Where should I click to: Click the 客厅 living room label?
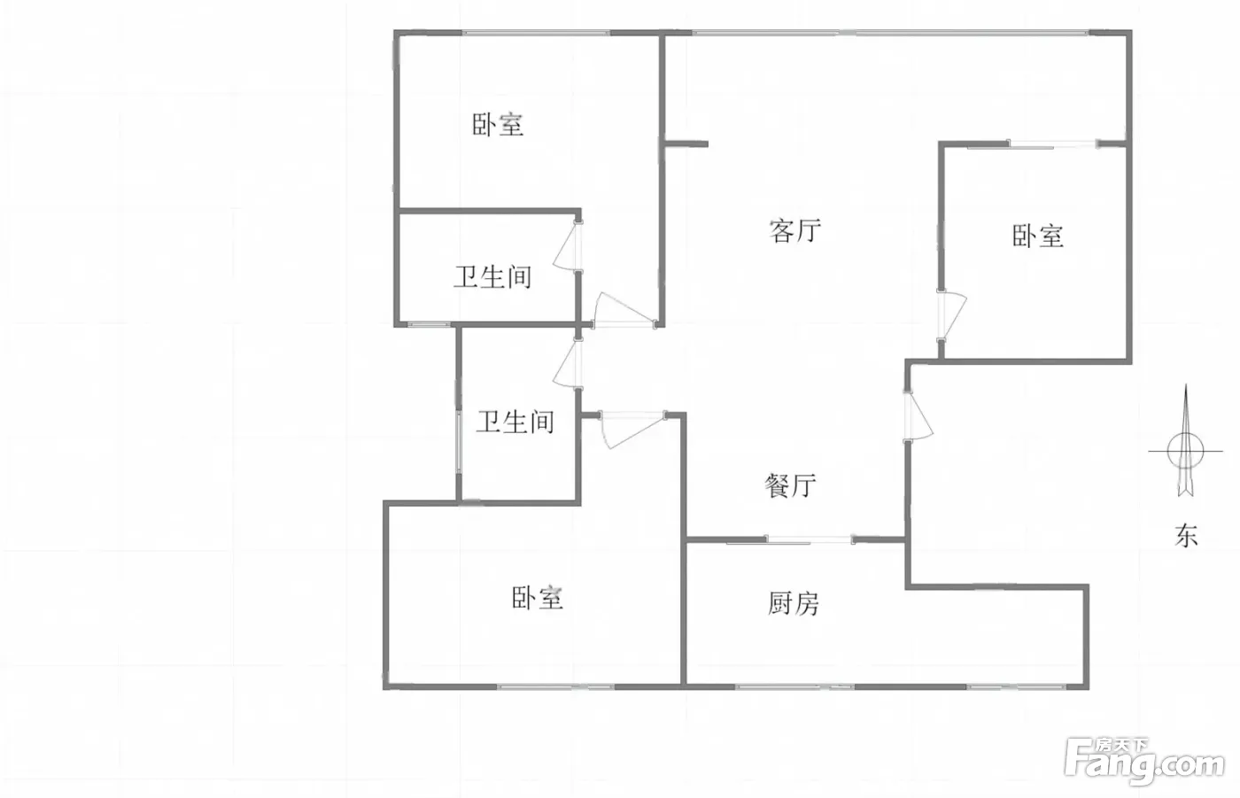[x=795, y=231]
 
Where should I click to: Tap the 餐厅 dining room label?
[x=790, y=486]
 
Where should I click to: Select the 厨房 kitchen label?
[x=793, y=603]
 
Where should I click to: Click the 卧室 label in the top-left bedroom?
[x=498, y=125]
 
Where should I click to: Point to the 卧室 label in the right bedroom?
[x=1038, y=236]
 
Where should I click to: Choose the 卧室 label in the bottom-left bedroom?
[x=537, y=598]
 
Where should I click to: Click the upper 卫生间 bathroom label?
[x=492, y=276]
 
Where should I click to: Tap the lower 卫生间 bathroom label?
[x=515, y=422]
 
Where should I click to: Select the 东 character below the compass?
[x=1186, y=536]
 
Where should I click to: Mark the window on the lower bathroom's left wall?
[x=459, y=442]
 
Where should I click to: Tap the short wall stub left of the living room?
[x=686, y=144]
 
